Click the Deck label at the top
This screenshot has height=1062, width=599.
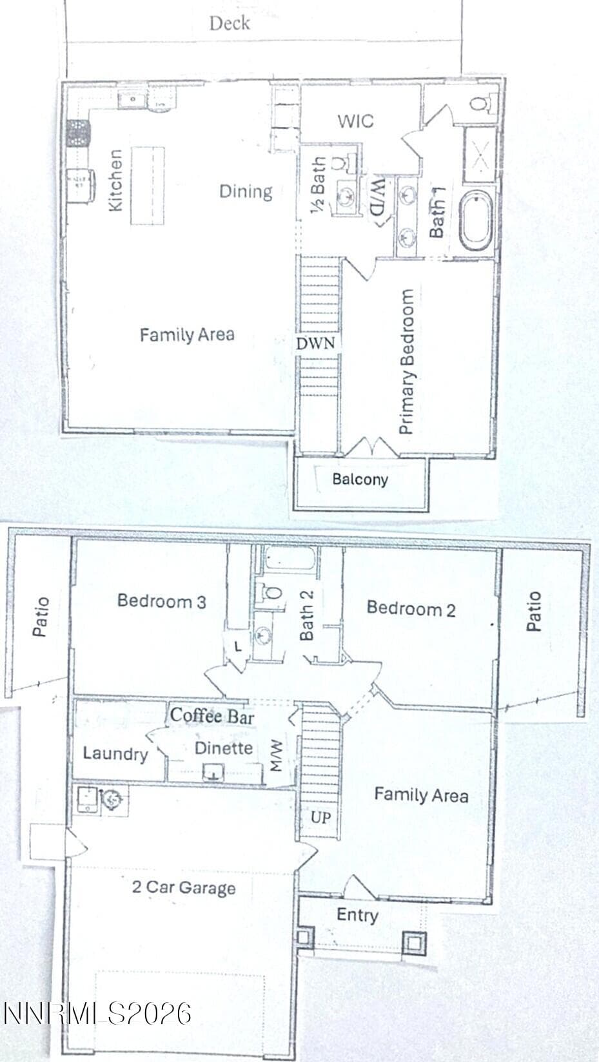click(230, 23)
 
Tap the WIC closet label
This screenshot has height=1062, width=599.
click(356, 121)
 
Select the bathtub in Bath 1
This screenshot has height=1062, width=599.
click(476, 221)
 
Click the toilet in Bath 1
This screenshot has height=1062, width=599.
click(484, 102)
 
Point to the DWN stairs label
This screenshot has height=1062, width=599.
click(315, 343)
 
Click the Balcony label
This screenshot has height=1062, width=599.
click(360, 479)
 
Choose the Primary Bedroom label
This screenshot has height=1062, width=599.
click(407, 362)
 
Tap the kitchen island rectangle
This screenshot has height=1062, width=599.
click(148, 186)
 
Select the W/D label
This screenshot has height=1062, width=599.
click(377, 202)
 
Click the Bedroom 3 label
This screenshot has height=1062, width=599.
click(162, 601)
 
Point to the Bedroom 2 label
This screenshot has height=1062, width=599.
click(411, 608)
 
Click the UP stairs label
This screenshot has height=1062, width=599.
click(320, 817)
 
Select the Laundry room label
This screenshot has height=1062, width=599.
click(115, 753)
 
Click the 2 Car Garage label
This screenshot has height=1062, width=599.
click(184, 887)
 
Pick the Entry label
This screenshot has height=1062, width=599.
click(357, 914)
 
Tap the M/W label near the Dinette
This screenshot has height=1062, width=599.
click(277, 756)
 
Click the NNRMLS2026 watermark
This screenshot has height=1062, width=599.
click(97, 1014)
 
